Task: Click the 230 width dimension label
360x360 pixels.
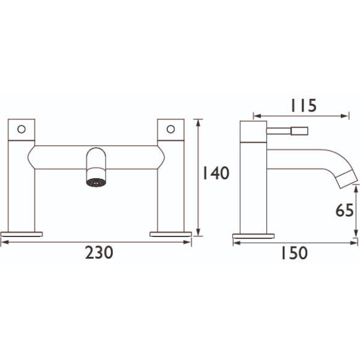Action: point(99,253)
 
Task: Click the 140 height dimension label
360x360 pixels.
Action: point(215,173)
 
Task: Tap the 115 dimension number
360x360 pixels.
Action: point(304,106)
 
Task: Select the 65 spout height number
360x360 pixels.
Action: point(344,210)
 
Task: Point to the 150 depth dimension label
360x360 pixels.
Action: point(295,253)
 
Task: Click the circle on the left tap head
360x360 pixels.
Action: point(22,129)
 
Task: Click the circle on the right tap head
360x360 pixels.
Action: point(170,129)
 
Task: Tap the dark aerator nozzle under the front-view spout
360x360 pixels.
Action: point(96,182)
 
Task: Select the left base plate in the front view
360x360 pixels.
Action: point(22,234)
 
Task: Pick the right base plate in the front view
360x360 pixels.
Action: point(170,234)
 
